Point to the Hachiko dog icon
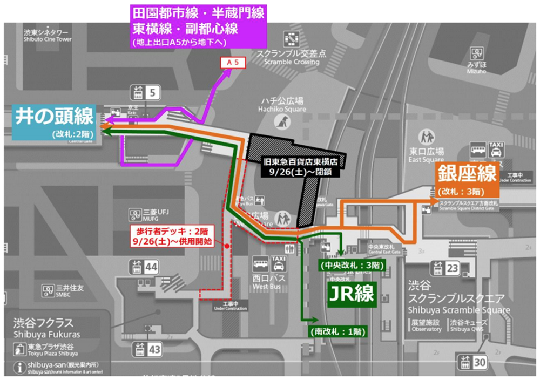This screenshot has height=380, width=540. (280, 124)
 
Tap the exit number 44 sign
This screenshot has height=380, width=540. (153, 266)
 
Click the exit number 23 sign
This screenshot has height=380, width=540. (451, 268)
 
